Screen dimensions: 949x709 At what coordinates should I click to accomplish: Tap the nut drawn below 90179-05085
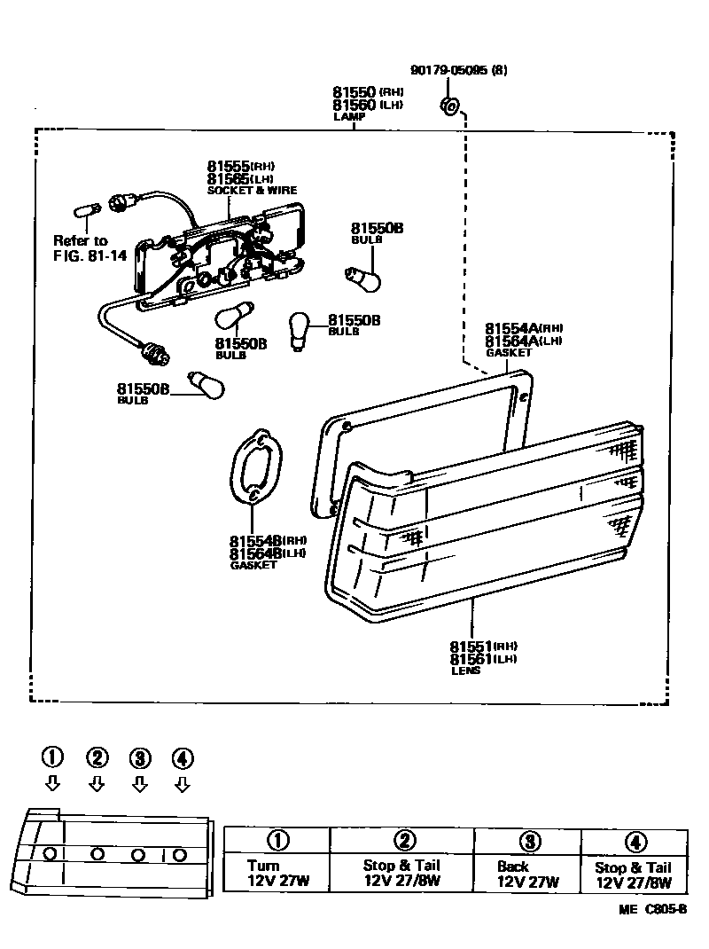coord(448,107)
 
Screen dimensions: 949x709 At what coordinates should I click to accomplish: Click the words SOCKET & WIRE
coord(252,191)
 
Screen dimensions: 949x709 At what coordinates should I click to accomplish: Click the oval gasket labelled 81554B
coord(255,467)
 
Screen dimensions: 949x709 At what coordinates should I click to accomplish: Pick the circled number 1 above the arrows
coord(53,757)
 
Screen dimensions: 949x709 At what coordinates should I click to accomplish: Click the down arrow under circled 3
coord(139,784)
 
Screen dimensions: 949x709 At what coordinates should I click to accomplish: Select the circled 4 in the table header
coord(635,842)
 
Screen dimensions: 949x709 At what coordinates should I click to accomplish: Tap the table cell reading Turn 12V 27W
coord(276,874)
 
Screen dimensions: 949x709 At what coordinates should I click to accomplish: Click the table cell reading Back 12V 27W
coord(527,874)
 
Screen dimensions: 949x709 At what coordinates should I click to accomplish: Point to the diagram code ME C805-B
coord(653,910)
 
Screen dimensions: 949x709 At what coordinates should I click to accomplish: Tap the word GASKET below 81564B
coord(253,565)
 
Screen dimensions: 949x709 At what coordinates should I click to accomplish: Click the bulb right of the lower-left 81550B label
coord(207,385)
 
